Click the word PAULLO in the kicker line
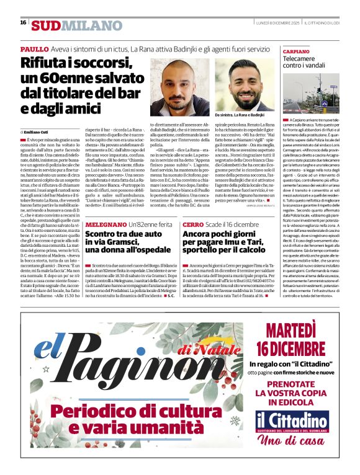click(35, 49)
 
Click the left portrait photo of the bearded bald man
click(179, 83)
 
